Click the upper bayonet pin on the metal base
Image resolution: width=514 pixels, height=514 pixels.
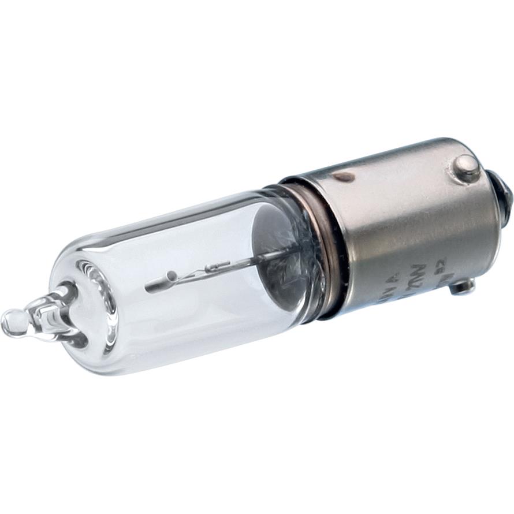click(465, 168)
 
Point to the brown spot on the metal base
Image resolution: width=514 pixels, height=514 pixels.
click(344, 177)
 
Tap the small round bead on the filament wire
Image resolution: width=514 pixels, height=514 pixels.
click(171, 276)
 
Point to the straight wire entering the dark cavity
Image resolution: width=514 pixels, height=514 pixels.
click(254, 258)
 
